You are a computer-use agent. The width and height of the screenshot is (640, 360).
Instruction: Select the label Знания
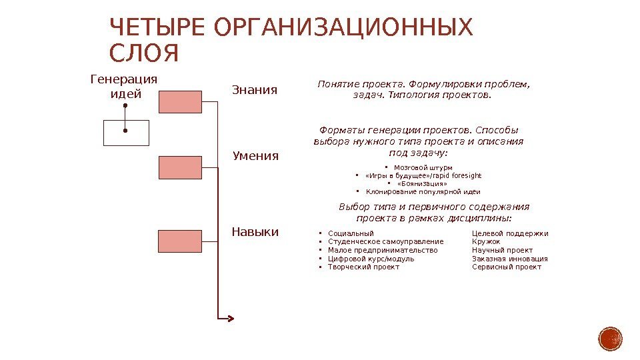pyautogui.click(x=254, y=89)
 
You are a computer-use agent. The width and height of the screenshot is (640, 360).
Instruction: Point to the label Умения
pyautogui.click(x=255, y=156)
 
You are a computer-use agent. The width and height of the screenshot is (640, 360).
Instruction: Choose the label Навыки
pyautogui.click(x=255, y=232)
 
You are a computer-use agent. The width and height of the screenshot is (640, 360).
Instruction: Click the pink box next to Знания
pyautogui.click(x=180, y=101)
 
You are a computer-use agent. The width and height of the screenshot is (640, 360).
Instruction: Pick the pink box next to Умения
pyautogui.click(x=180, y=167)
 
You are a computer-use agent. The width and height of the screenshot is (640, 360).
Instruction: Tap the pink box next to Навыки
pyautogui.click(x=180, y=241)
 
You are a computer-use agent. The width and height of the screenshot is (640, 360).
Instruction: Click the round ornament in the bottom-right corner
pyautogui.click(x=610, y=339)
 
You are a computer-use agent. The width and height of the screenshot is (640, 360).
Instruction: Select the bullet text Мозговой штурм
pyautogui.click(x=423, y=167)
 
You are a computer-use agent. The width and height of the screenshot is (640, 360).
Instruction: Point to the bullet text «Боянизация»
pyautogui.click(x=422, y=183)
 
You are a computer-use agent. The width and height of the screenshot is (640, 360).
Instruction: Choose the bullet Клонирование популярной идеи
pyautogui.click(x=423, y=192)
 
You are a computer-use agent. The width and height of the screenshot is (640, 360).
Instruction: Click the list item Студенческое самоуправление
pyautogui.click(x=385, y=241)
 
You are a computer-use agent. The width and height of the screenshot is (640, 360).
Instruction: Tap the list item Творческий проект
pyautogui.click(x=363, y=267)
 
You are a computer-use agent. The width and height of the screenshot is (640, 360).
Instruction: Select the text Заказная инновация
pyautogui.click(x=510, y=259)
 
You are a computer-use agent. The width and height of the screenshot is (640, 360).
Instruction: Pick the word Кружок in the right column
pyautogui.click(x=486, y=241)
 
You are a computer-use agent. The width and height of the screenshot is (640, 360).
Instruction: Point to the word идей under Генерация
pyautogui.click(x=125, y=94)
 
